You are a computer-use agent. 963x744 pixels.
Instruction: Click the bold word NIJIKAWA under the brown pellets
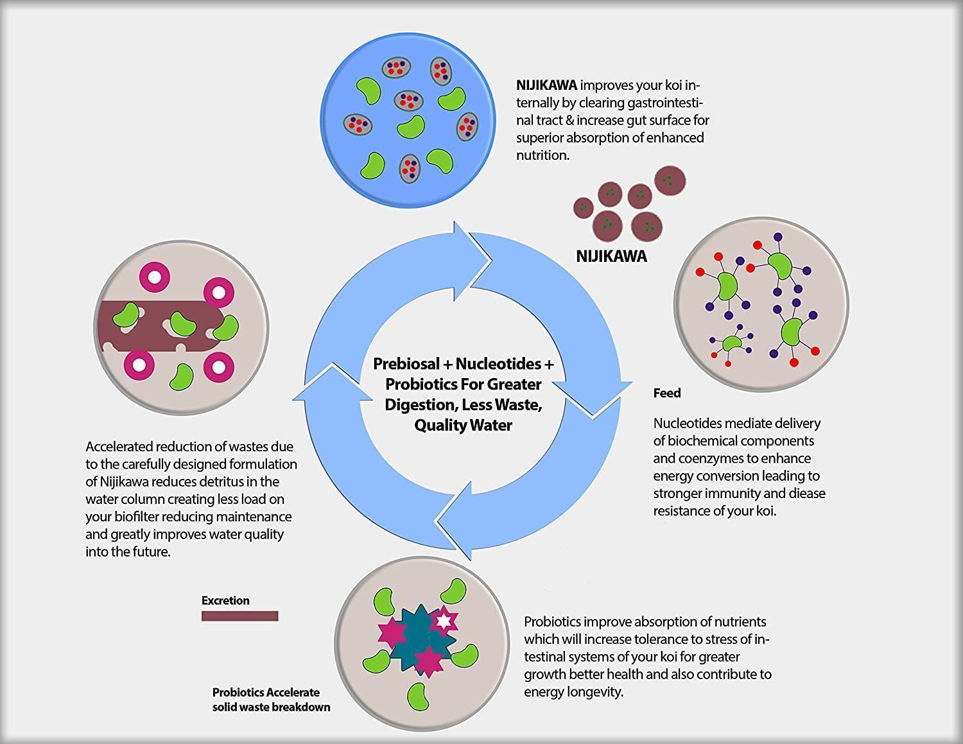click(611, 256)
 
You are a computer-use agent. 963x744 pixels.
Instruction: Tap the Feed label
click(667, 393)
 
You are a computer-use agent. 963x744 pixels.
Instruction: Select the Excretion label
click(225, 600)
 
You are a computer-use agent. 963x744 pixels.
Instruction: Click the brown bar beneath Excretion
click(239, 616)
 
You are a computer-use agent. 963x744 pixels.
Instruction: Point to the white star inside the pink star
click(444, 621)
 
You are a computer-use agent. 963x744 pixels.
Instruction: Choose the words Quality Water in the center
click(463, 425)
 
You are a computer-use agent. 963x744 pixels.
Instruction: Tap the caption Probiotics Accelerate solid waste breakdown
click(271, 700)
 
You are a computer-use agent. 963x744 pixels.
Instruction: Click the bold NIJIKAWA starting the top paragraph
click(546, 85)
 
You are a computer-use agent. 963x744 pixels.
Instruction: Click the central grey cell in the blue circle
click(408, 99)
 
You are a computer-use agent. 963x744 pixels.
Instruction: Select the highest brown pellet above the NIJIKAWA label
click(670, 180)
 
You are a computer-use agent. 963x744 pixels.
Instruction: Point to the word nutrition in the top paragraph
click(542, 155)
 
